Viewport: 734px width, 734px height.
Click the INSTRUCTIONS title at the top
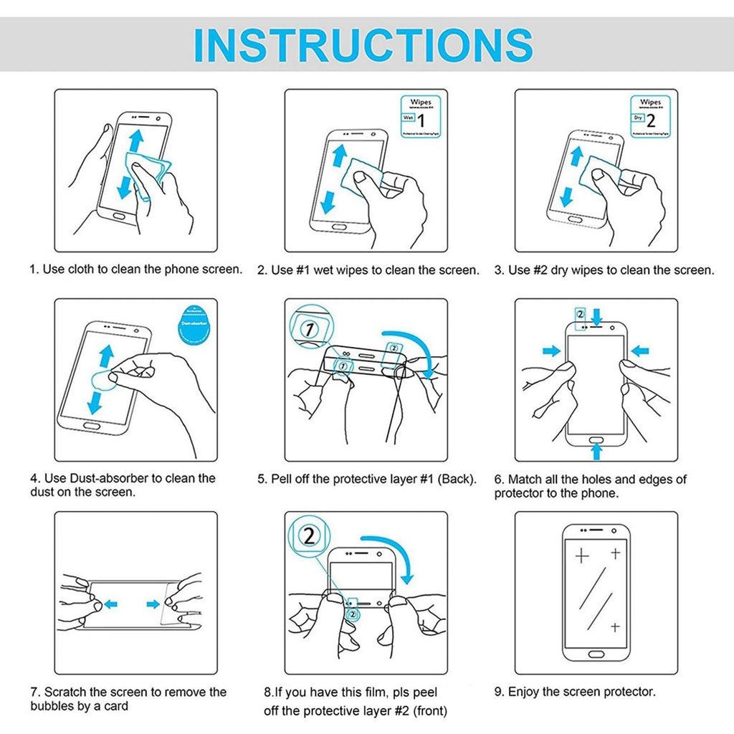pos(363,44)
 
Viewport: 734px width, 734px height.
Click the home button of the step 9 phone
pos(595,654)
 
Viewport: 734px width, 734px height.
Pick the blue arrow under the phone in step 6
pos(594,451)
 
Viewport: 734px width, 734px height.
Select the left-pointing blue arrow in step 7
pos(110,604)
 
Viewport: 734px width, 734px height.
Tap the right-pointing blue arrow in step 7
pos(154,604)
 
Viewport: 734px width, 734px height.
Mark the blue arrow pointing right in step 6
pos(551,351)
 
